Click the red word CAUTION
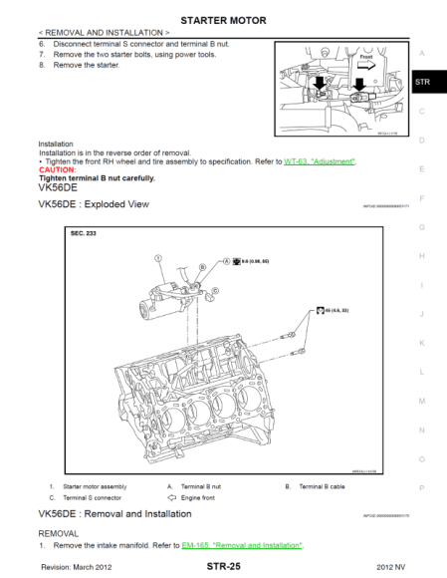(56, 169)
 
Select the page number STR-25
(223, 565)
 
